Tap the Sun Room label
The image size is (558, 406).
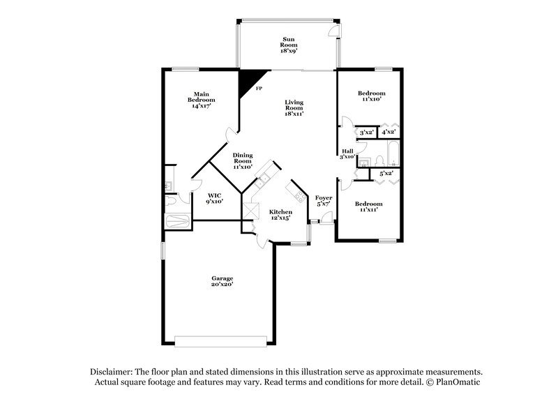click(287, 46)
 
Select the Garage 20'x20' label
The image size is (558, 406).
click(223, 281)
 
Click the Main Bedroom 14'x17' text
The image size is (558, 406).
click(202, 100)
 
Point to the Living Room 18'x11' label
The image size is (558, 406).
click(294, 108)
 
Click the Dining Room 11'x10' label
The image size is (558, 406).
click(242, 160)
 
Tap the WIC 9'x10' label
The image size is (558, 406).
click(214, 197)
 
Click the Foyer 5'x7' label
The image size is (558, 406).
click(323, 202)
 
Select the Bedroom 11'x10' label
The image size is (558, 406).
click(371, 96)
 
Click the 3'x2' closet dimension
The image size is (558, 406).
click(366, 131)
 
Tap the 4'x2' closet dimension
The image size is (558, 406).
click(389, 131)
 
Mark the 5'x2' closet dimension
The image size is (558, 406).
click(386, 172)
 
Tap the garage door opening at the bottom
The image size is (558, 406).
click(220, 341)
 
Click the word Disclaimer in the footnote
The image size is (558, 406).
click(110, 373)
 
